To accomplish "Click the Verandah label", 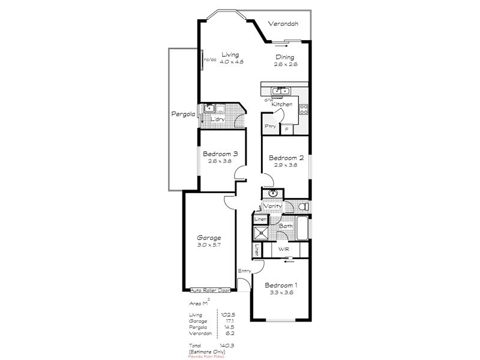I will click(284, 25).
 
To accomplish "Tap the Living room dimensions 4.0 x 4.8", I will click(230, 62).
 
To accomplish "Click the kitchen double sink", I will click(280, 91).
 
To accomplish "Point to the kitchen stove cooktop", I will click(304, 109).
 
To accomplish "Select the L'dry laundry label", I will click(218, 119).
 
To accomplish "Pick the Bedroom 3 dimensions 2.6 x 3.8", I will click(220, 161).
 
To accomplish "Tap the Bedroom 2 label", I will click(286, 158).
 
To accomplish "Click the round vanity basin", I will click(273, 193).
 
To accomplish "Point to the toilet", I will click(303, 206).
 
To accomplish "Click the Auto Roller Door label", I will click(210, 289).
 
